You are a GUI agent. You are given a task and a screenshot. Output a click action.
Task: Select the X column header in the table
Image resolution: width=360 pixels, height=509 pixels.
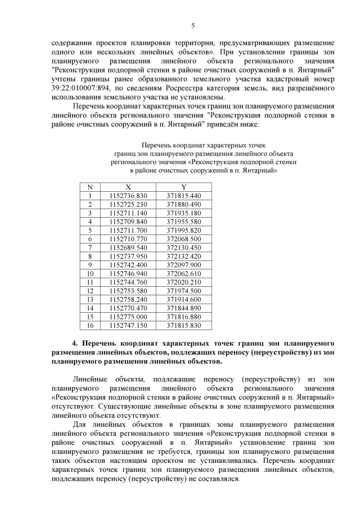point(128,187)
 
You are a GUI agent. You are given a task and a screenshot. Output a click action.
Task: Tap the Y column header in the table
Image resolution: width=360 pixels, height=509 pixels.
point(184,187)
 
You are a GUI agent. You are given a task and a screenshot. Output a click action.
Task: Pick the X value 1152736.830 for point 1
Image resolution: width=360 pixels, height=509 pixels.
point(128,196)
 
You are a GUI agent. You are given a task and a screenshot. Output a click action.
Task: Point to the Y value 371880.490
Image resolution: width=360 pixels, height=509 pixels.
point(184,204)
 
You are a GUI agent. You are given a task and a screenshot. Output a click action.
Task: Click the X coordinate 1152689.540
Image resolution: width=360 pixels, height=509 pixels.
point(128,247)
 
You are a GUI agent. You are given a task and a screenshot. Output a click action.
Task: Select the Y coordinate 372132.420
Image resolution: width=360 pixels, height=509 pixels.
point(184,256)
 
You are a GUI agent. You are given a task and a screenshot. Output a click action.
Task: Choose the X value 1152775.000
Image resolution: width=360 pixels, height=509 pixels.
point(128,317)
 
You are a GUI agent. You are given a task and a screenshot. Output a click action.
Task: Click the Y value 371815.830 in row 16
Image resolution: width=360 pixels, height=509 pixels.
point(184,325)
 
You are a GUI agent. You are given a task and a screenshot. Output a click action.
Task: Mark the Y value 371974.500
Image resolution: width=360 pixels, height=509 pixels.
point(184,291)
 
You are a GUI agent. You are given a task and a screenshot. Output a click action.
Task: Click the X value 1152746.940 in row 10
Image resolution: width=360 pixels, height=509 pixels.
point(128,273)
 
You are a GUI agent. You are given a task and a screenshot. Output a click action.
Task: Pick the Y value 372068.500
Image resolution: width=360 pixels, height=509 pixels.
point(184,239)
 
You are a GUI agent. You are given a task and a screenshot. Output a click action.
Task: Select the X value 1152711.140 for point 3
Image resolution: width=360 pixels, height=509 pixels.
point(128,213)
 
